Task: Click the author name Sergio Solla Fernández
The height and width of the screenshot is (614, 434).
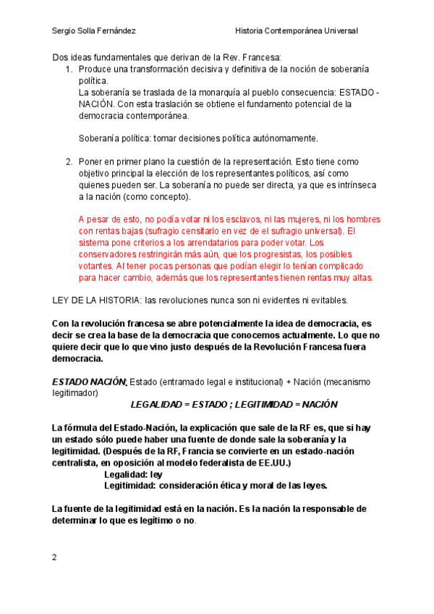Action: click(94, 30)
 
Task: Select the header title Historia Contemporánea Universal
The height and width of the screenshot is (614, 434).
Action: click(297, 30)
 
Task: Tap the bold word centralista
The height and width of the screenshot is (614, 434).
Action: click(78, 462)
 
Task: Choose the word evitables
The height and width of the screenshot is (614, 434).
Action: click(327, 300)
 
